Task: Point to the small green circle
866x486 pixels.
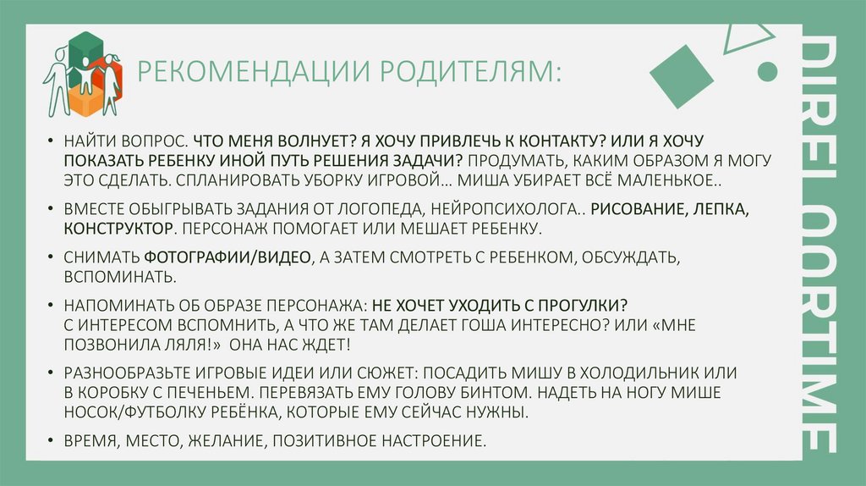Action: pyautogui.click(x=767, y=72)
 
